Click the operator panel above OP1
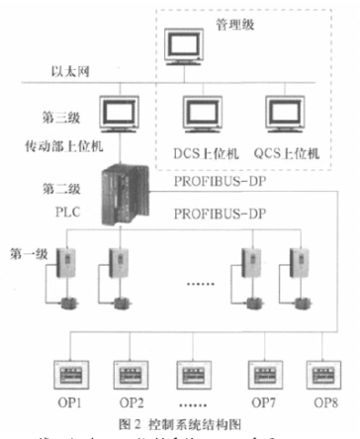(x=72, y=377)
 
